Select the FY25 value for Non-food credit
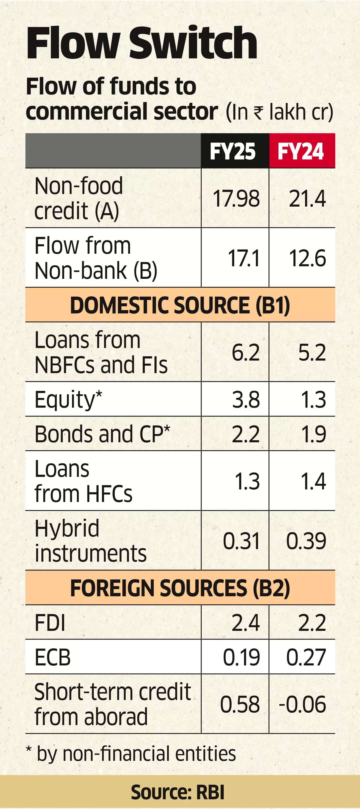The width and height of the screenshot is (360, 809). [x=236, y=198]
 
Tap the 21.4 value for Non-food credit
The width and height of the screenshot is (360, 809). [x=307, y=198]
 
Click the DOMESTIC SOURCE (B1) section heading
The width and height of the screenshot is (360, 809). [x=180, y=305]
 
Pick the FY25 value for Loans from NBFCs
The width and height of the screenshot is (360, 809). [x=246, y=352]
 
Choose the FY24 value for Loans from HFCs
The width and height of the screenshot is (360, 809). [x=313, y=481]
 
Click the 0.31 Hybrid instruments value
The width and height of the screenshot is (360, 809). [x=241, y=541]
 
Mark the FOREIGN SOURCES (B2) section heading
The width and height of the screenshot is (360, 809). [x=180, y=588]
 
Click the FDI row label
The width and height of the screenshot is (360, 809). [x=50, y=622]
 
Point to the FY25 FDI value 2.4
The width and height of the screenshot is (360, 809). [x=246, y=622]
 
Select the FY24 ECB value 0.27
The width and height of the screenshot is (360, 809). [x=306, y=657]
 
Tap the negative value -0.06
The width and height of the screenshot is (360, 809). [x=302, y=704]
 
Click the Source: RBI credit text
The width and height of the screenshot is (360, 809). [x=178, y=792]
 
